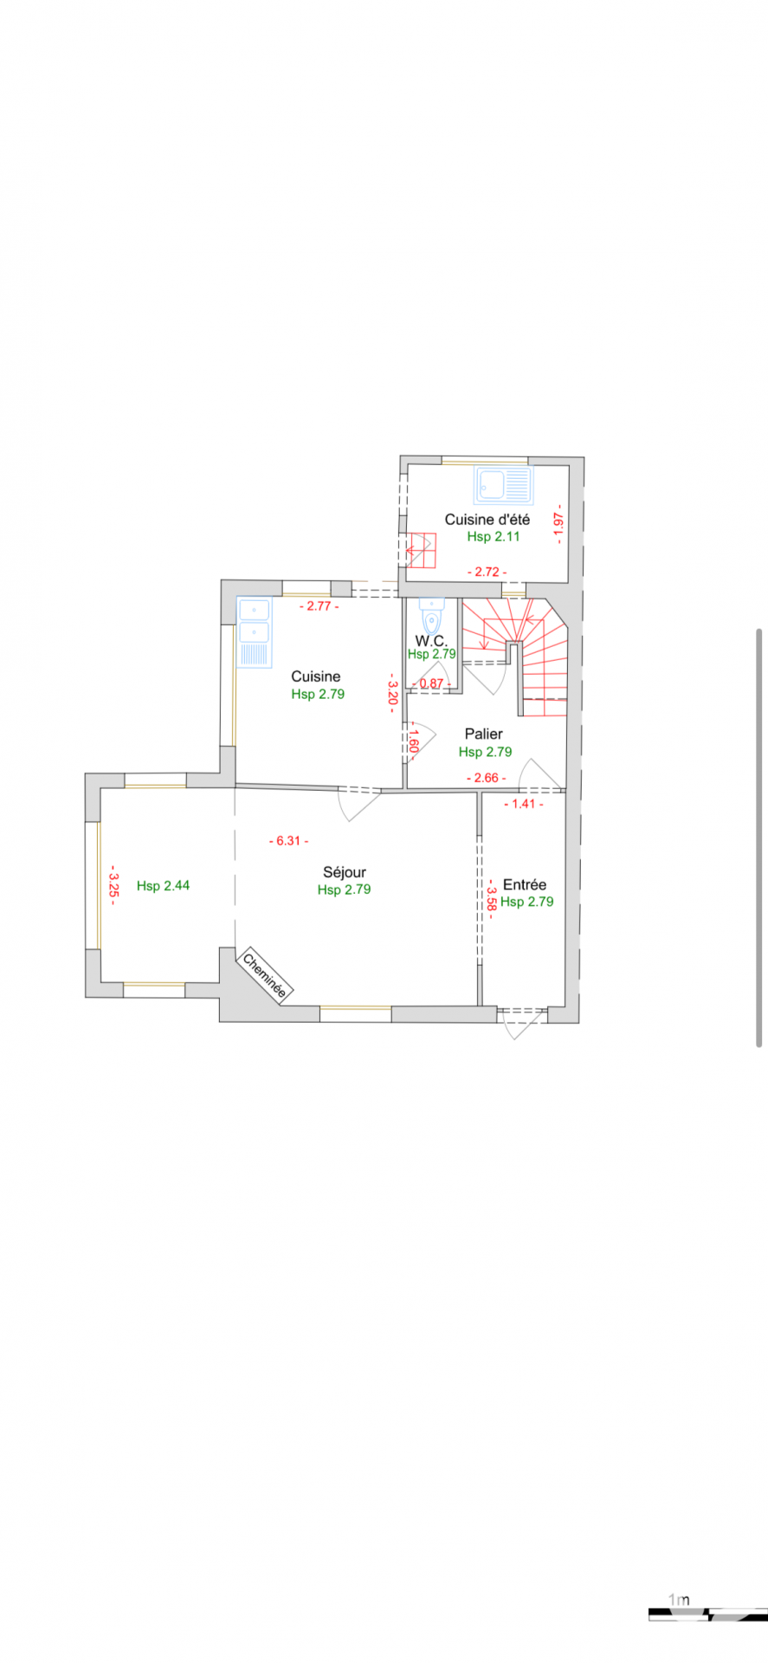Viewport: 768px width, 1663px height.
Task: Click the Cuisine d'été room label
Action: tap(487, 520)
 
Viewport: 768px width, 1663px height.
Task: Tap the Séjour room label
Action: tap(345, 872)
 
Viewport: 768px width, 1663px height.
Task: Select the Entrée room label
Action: tap(525, 884)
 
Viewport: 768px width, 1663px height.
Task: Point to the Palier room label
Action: tap(484, 734)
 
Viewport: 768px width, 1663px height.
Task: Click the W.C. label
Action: tap(431, 641)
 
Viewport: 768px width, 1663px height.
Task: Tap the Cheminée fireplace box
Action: tap(265, 975)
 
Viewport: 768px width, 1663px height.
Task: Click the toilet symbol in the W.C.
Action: tap(431, 616)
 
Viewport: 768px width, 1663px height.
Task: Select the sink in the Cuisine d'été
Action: tap(503, 486)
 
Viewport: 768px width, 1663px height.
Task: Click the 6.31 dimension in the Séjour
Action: tap(288, 841)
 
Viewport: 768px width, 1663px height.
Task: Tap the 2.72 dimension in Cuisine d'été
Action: tap(487, 572)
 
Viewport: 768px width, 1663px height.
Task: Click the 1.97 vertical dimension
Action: tap(558, 523)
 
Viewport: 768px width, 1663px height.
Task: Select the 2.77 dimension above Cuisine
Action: tap(319, 606)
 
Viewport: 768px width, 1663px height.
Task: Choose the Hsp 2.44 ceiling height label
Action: tap(163, 885)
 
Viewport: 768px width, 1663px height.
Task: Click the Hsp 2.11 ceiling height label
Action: tap(494, 536)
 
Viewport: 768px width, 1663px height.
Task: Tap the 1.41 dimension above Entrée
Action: tap(524, 804)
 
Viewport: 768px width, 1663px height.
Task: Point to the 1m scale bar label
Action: tap(680, 1599)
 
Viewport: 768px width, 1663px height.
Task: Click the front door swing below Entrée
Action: tap(520, 1022)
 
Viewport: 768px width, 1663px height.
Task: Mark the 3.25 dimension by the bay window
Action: tap(113, 884)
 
